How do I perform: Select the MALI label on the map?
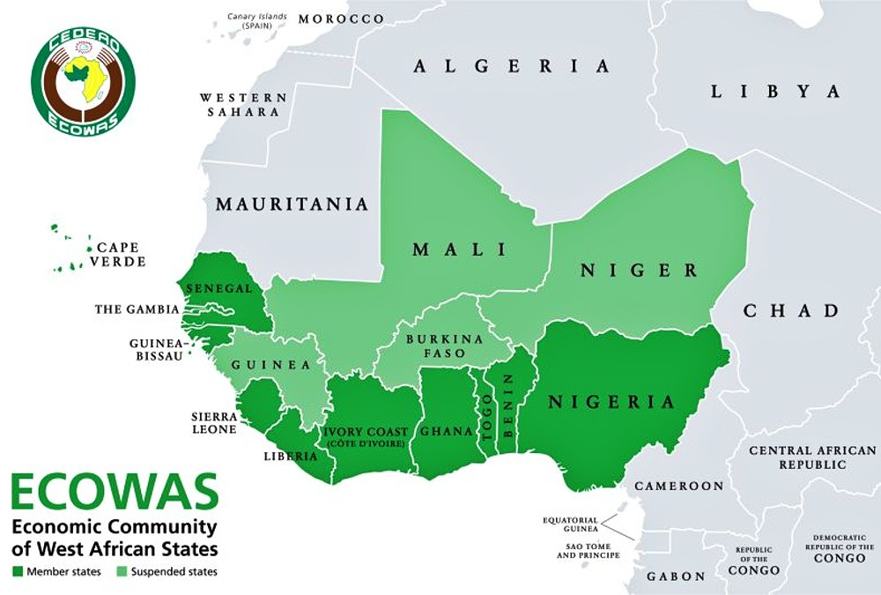click(461, 249)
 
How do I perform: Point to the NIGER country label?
click(639, 270)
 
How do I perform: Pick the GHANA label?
click(441, 432)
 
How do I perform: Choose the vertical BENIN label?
click(508, 408)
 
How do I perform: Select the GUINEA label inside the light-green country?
click(270, 365)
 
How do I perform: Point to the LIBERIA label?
click(290, 456)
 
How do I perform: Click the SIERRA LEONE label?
click(214, 422)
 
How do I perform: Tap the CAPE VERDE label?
click(121, 255)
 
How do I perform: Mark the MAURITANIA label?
click(292, 205)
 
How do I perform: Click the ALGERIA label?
click(512, 66)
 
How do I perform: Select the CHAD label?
click(791, 310)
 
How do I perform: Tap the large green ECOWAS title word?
click(115, 494)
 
